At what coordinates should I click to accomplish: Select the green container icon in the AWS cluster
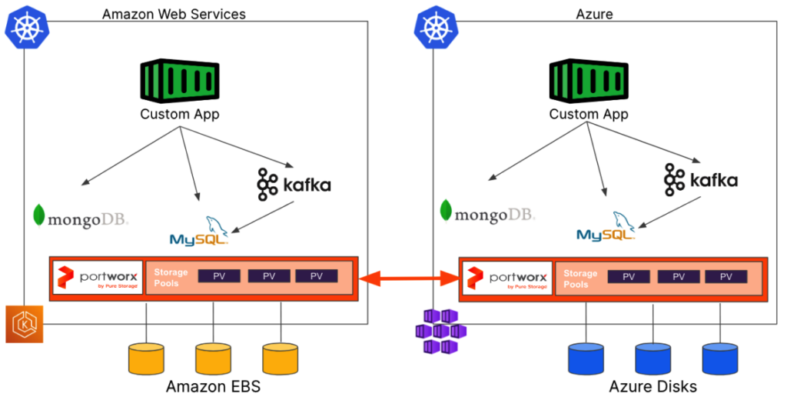point(179,81)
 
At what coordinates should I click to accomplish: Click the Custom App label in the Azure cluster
point(588,114)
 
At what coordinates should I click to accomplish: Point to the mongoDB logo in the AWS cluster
point(81,218)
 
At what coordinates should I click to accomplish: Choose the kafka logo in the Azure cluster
point(700,180)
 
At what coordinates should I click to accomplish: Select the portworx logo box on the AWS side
point(98,278)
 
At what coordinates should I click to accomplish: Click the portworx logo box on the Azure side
point(506,278)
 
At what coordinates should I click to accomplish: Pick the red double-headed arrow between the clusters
point(408,279)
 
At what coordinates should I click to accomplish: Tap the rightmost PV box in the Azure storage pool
point(726,276)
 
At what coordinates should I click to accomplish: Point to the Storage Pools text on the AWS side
point(169,278)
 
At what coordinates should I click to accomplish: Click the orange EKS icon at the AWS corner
point(25,324)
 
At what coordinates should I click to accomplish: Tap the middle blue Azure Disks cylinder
point(654,359)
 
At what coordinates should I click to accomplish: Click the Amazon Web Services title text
point(174,14)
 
